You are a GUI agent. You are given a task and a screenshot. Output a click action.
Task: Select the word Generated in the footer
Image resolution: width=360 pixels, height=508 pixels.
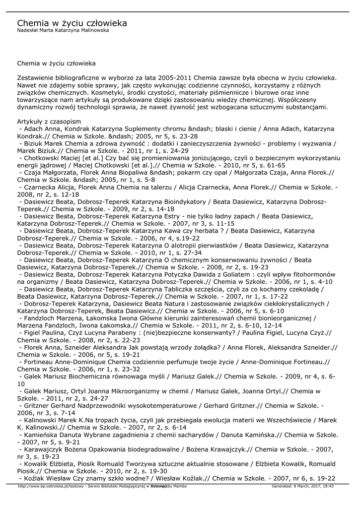(282, 486)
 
